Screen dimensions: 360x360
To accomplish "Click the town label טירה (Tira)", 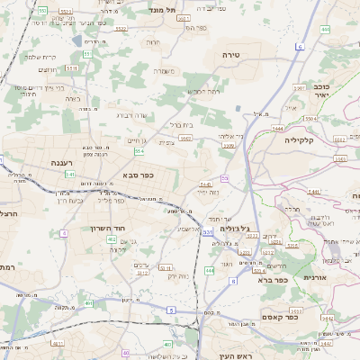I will point(231,55).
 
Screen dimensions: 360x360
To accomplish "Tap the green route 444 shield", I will point(210,269).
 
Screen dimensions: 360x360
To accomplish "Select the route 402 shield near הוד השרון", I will point(112,239).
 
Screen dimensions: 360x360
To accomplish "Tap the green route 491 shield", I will point(89,303).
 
